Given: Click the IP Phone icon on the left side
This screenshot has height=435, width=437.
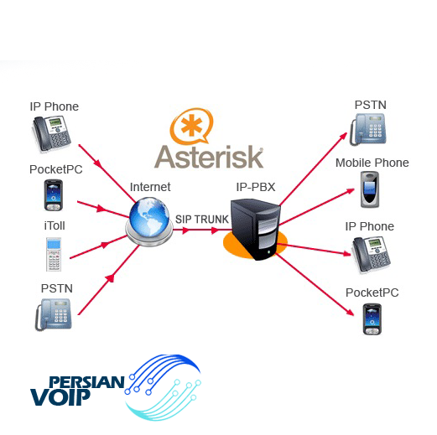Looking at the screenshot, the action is click(x=52, y=133).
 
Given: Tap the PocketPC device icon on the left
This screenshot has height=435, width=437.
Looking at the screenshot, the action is click(x=54, y=195).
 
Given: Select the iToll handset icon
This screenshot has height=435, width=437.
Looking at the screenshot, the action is click(x=54, y=254).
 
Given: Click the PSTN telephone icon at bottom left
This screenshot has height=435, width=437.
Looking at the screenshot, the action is click(x=54, y=314).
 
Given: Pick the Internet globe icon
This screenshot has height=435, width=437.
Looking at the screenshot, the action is click(x=149, y=221).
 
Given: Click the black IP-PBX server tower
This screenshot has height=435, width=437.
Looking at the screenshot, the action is click(x=255, y=229).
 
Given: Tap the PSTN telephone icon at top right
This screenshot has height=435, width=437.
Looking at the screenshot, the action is click(x=368, y=129).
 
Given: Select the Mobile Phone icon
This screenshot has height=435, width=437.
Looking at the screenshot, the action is click(x=370, y=189).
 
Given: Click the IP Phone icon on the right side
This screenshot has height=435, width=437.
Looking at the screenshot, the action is click(x=372, y=254).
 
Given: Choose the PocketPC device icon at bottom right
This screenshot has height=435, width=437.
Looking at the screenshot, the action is click(x=372, y=319).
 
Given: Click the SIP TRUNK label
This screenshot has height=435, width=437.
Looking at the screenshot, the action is click(x=202, y=220).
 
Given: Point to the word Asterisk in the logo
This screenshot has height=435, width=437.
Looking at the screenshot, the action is click(x=209, y=157).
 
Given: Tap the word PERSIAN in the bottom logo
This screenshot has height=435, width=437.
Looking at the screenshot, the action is click(x=86, y=382).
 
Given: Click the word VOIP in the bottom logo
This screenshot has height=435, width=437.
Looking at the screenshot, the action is click(x=60, y=396).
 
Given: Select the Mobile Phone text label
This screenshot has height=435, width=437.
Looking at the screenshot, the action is click(x=372, y=163).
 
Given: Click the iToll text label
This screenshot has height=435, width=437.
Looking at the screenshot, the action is click(x=55, y=225).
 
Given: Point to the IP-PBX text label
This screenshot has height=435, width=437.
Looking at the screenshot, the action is click(x=256, y=187).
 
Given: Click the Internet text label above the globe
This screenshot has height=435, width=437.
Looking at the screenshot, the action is click(x=150, y=187).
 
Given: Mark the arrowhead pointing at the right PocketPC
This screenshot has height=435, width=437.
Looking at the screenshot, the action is click(x=351, y=313).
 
